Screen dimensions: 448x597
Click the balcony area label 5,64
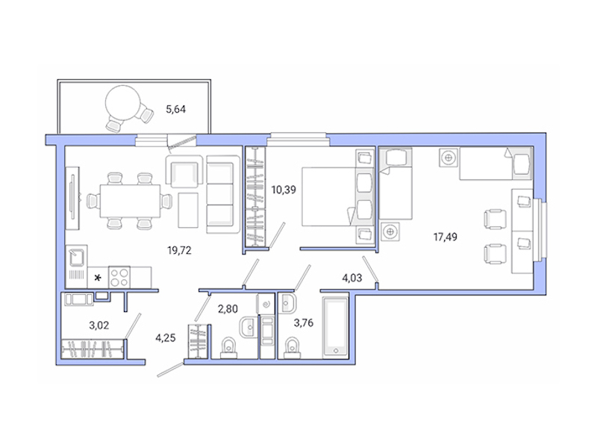175,110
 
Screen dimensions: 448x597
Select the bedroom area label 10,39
284,190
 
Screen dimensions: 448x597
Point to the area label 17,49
447,237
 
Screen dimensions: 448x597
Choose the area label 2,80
227,308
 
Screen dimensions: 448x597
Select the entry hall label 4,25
166,336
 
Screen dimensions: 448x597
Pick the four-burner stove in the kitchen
121,277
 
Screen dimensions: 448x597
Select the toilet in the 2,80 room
229,346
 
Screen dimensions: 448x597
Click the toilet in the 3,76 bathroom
293,346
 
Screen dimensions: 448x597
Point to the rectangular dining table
124,200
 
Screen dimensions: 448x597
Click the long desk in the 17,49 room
521,228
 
